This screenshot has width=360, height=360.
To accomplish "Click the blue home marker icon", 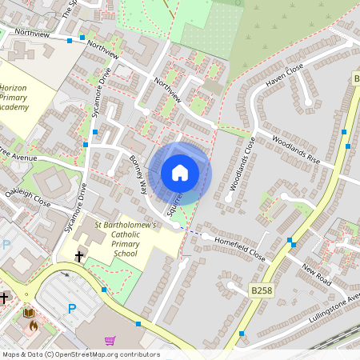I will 180,172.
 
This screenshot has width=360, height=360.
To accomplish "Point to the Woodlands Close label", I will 242,164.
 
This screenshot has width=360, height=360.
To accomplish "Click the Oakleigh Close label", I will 27,198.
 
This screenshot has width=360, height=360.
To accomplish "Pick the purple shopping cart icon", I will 110,340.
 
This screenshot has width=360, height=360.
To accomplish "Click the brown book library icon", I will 29,313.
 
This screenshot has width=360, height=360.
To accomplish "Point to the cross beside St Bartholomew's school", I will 79,257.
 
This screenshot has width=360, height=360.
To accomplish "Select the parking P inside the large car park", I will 72,309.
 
